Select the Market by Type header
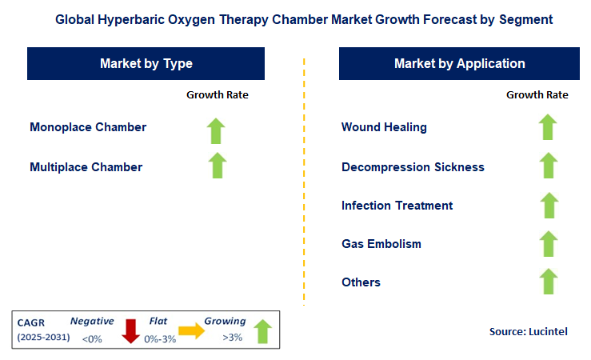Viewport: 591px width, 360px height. (146, 63)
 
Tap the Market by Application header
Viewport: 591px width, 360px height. (459, 63)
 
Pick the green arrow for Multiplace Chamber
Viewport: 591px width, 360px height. (217, 166)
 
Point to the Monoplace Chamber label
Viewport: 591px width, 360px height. (88, 127)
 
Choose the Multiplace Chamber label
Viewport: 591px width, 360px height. (86, 167)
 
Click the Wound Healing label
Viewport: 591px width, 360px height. (384, 127)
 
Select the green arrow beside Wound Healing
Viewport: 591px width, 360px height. (548, 127)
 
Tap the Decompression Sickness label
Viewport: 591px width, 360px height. (413, 167)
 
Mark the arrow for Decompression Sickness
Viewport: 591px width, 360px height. (548, 166)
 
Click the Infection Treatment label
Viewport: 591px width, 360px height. (397, 206)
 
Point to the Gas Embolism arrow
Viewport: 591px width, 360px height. (548, 243)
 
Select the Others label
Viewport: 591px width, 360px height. (361, 282)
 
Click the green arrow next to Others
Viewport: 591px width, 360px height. (548, 282)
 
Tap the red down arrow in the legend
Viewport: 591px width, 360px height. (131, 330)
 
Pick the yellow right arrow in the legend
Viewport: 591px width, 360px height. (192, 330)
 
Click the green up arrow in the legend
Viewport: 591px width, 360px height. (261, 330)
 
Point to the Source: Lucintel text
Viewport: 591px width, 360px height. (528, 331)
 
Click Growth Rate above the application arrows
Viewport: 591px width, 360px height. (537, 94)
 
